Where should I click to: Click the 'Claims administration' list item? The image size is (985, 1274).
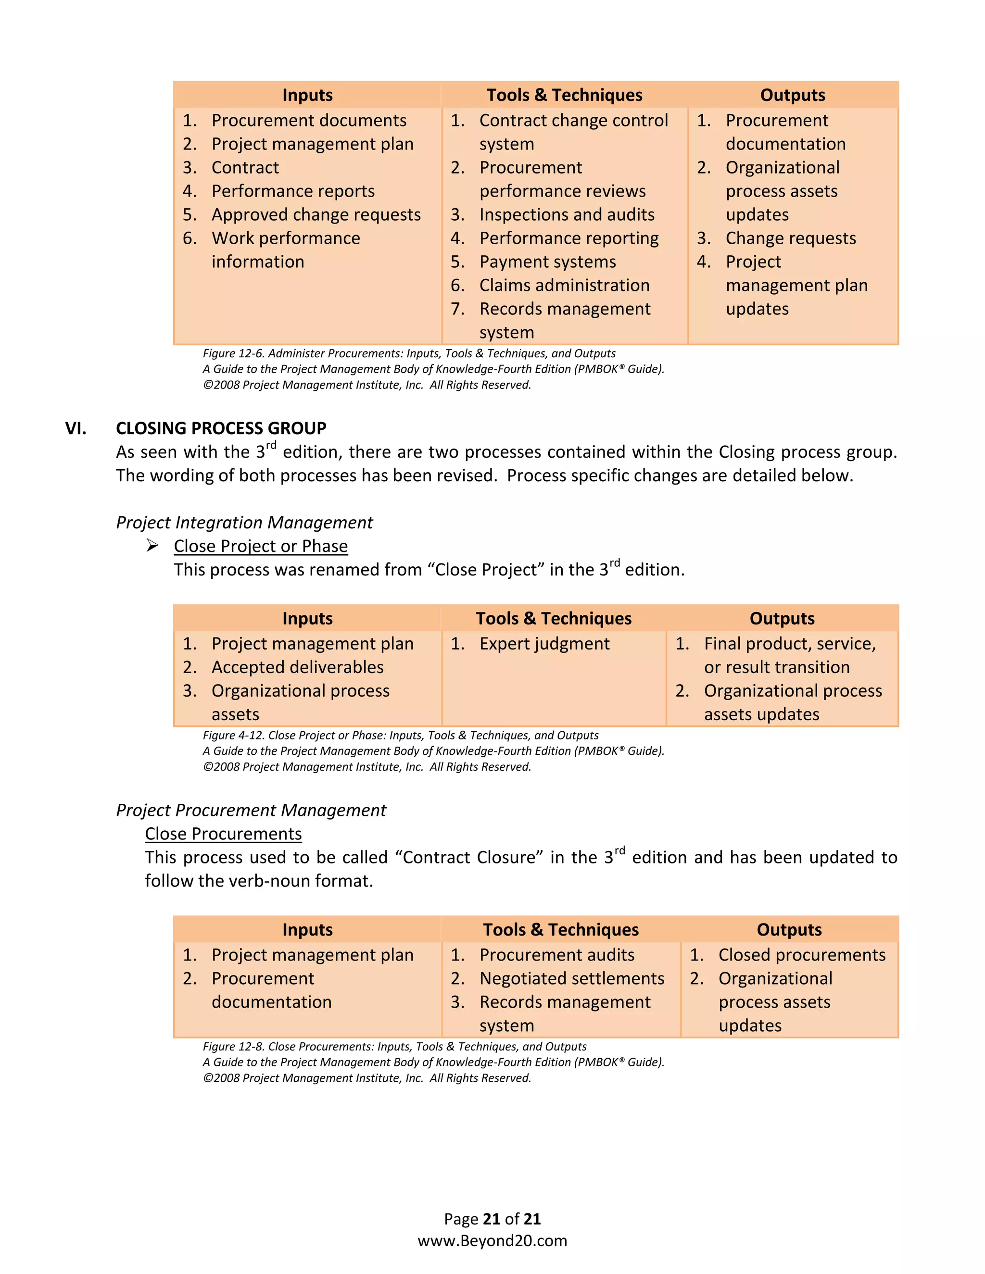(x=564, y=285)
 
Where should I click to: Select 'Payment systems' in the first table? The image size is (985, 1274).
(x=547, y=262)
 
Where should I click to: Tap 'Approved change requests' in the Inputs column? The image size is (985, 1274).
(x=316, y=215)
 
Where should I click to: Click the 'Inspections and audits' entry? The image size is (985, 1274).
(x=567, y=215)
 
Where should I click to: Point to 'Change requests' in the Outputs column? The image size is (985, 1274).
(x=790, y=238)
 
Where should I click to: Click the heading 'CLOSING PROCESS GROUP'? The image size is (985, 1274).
(x=221, y=428)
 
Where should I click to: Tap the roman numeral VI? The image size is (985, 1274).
(x=76, y=428)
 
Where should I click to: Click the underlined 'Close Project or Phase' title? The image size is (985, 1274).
(x=260, y=546)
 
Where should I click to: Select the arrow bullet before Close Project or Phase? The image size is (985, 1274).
(x=152, y=546)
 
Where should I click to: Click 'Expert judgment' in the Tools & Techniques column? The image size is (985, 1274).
(x=544, y=643)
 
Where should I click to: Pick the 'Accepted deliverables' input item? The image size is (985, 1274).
(x=297, y=667)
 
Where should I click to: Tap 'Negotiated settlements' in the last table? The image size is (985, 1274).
(x=571, y=978)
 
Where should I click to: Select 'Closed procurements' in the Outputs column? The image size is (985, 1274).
(x=801, y=955)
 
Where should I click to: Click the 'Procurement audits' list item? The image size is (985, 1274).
(x=556, y=955)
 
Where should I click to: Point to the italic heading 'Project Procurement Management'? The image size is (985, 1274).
(x=251, y=810)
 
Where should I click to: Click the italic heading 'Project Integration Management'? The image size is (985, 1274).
(x=244, y=523)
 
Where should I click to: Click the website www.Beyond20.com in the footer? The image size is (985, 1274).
(x=492, y=1241)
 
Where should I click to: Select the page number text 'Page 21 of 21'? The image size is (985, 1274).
(x=492, y=1219)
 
